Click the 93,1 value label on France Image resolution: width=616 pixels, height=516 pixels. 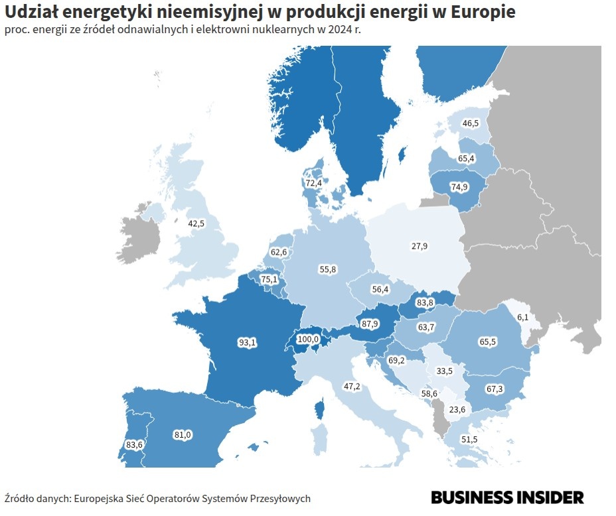pyautogui.click(x=246, y=342)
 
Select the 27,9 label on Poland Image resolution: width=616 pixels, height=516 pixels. pyautogui.click(x=419, y=246)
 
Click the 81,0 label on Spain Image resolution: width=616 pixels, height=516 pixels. pyautogui.click(x=182, y=434)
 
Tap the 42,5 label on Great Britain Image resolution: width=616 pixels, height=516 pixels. pyautogui.click(x=196, y=224)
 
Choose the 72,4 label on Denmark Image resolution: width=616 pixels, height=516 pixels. pyautogui.click(x=313, y=182)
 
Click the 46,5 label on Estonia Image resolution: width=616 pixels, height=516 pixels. pyautogui.click(x=471, y=123)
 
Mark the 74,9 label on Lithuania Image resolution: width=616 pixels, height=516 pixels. pyautogui.click(x=459, y=187)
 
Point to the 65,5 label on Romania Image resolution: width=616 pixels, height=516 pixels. pyautogui.click(x=487, y=342)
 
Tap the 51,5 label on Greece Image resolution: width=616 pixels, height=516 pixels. pyautogui.click(x=469, y=439)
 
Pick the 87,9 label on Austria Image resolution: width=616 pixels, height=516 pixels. pyautogui.click(x=370, y=324)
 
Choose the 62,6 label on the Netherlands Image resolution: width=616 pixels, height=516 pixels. pyautogui.click(x=279, y=252)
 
